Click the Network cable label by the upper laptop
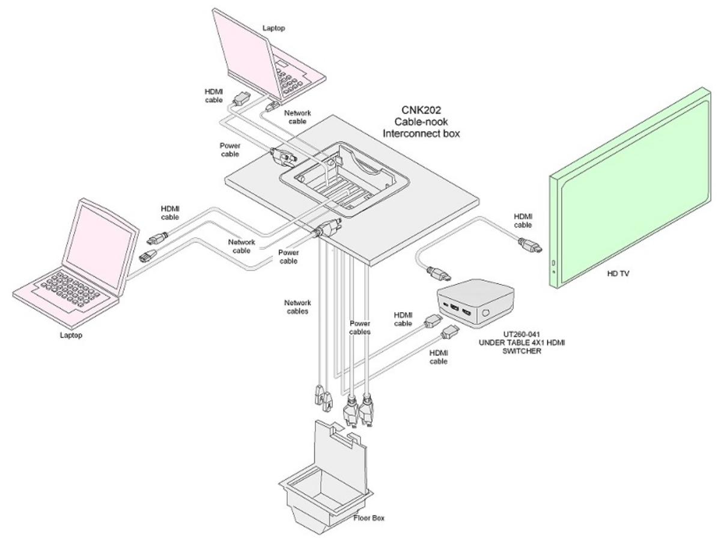tap(298, 116)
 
